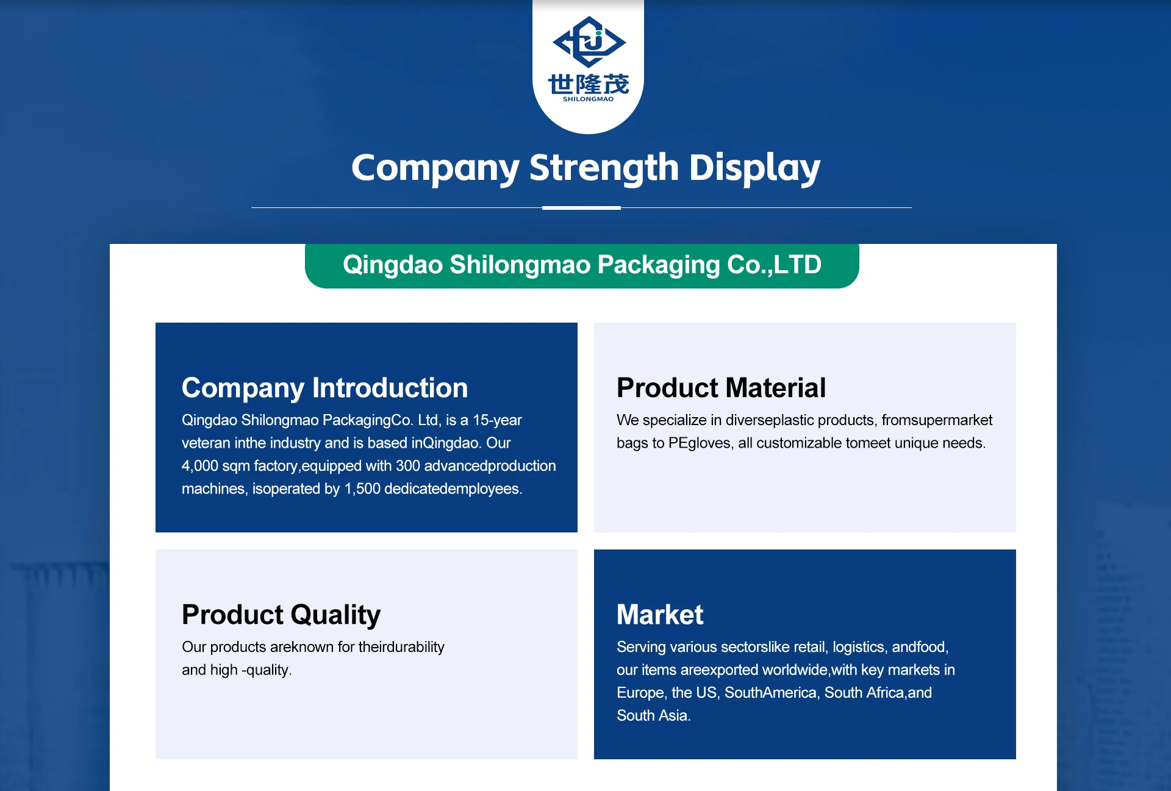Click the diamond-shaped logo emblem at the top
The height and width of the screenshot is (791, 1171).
pyautogui.click(x=589, y=41)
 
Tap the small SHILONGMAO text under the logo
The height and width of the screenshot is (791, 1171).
pyautogui.click(x=588, y=99)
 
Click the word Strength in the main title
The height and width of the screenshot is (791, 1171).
pyautogui.click(x=604, y=168)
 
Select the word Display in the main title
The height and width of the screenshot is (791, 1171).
pyautogui.click(x=754, y=168)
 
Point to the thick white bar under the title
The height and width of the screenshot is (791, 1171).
pyautogui.click(x=581, y=208)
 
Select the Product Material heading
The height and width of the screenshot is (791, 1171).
pyautogui.click(x=721, y=388)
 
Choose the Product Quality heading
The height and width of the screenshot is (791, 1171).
pyautogui.click(x=281, y=615)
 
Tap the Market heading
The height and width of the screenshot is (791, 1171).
pyautogui.click(x=660, y=615)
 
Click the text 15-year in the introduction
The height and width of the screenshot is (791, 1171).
pyautogui.click(x=497, y=421)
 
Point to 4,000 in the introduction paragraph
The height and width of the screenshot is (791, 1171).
pyautogui.click(x=199, y=467)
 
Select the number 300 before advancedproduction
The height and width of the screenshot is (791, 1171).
pyautogui.click(x=408, y=466)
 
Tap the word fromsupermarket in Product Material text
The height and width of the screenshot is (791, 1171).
pyautogui.click(x=937, y=421)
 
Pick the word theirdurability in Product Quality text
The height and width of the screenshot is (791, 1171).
pyautogui.click(x=401, y=647)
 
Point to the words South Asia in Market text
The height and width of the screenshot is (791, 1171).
pyautogui.click(x=653, y=715)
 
